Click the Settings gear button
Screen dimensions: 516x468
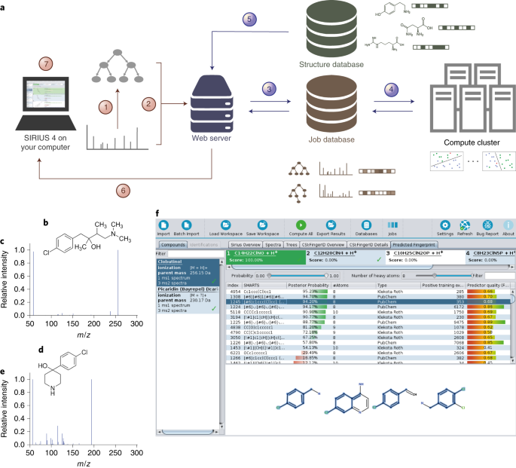[x=444, y=227]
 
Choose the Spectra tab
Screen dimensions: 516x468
[x=273, y=245]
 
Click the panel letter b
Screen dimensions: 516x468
[x=47, y=223]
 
